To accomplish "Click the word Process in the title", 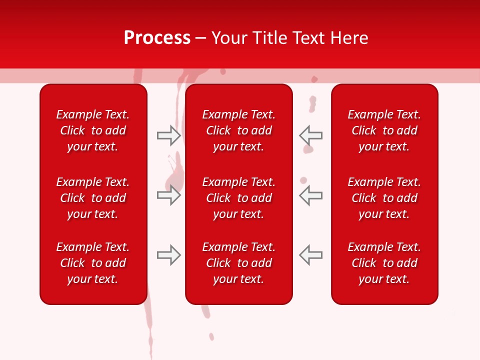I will (157, 38).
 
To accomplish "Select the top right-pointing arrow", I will (168, 135).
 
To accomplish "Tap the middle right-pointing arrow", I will (168, 195).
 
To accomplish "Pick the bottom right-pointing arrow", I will (168, 255).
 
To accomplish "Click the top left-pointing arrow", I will (311, 135).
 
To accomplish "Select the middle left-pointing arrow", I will (311, 195).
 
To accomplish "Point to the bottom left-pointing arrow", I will (311, 255).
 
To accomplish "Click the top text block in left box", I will (93, 130).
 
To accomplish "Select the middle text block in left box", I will (93, 198).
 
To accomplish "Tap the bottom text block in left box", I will (93, 263).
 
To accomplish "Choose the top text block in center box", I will (238, 130).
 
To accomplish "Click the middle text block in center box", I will (238, 198).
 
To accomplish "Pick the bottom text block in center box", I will (238, 263).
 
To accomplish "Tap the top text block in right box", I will (384, 130).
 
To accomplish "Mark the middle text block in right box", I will (384, 198).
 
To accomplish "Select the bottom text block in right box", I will (384, 263).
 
